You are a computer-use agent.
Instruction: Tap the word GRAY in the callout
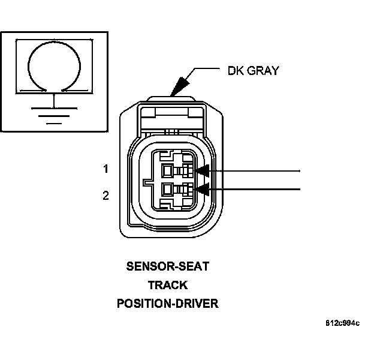263,71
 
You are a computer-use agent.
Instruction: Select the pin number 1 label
106,169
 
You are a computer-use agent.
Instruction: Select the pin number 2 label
106,195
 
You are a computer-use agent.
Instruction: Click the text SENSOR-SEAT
167,265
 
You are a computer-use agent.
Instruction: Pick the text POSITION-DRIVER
167,304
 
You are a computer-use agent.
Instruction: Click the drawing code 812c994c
342,324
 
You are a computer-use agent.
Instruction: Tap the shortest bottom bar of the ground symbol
55,122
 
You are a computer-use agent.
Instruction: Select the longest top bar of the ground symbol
55,109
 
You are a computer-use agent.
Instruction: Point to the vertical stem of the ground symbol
55,100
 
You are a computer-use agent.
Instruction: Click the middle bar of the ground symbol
55,116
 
